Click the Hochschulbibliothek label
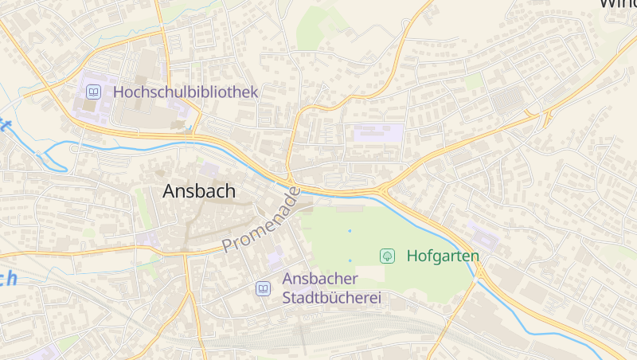[x=186, y=92]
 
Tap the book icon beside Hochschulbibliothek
[x=94, y=92]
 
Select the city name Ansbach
[x=199, y=191]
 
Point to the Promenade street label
[x=262, y=221]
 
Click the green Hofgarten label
[x=443, y=256]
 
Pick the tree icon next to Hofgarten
[x=388, y=256]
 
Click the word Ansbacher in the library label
[x=320, y=280]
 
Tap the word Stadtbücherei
[x=332, y=299]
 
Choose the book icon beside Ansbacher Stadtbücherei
[x=263, y=288]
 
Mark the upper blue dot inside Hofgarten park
[x=350, y=231]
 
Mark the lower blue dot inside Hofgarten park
[x=350, y=260]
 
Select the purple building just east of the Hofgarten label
[x=483, y=236]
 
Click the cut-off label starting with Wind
[x=618, y=3]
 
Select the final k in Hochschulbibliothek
[x=254, y=92]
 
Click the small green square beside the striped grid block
[x=474, y=82]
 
